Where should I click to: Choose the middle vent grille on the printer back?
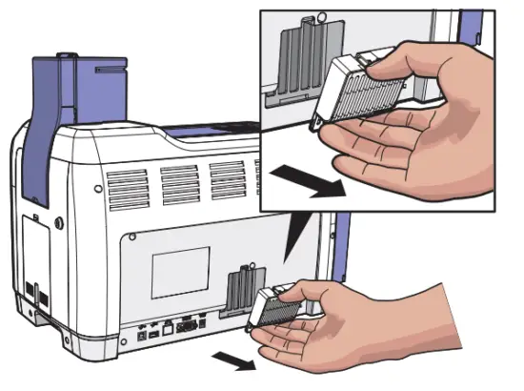click(x=176, y=181)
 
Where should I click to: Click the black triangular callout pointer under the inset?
click(x=302, y=233)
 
